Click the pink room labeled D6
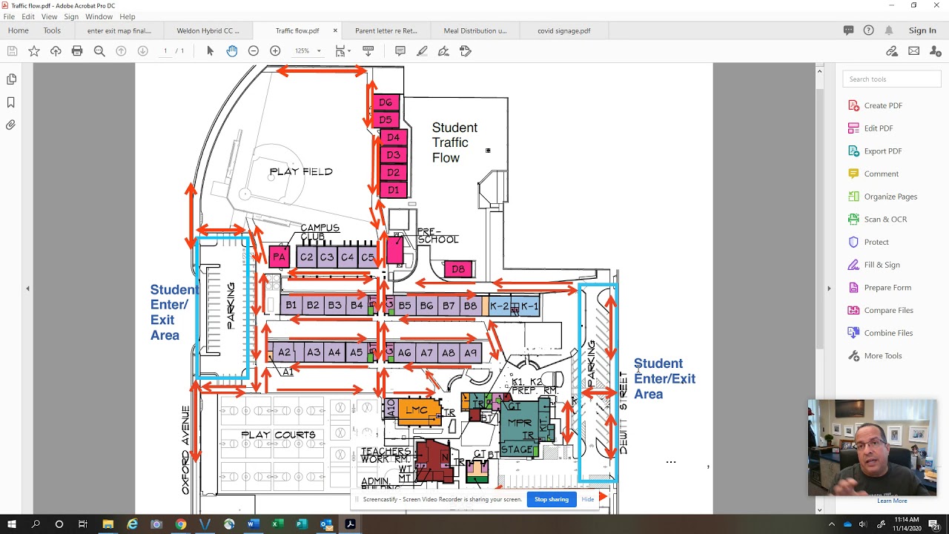tap(386, 102)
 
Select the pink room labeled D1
tap(393, 190)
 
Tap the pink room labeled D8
tap(458, 269)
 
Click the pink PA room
tap(279, 257)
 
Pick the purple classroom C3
tap(327, 257)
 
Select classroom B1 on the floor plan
tap(291, 305)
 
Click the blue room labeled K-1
tap(529, 306)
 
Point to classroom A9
tap(470, 353)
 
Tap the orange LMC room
tap(417, 410)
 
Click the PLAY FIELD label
tap(301, 171)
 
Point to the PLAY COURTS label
tap(278, 435)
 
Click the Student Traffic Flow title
tap(454, 142)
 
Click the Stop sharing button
tap(551, 499)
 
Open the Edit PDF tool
tap(878, 128)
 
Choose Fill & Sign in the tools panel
tap(882, 265)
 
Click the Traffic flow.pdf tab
tap(297, 31)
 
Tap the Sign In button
tap(922, 30)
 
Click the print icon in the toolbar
tap(77, 51)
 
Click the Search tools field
tap(891, 79)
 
